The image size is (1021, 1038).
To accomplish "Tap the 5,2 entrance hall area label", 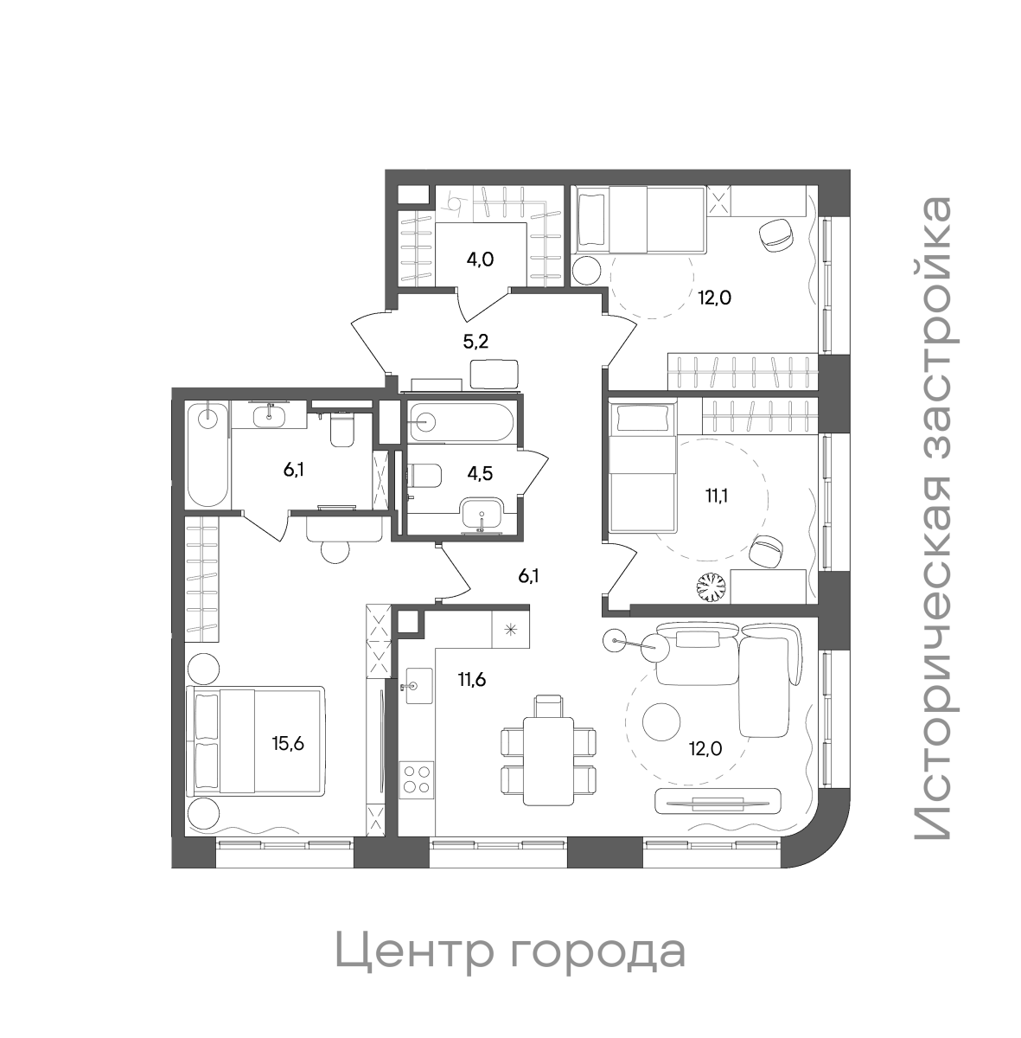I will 475,341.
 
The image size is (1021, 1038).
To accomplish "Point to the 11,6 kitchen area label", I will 471,679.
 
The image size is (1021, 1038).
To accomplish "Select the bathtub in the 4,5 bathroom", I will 462,422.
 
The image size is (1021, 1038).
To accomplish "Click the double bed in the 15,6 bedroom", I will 256,740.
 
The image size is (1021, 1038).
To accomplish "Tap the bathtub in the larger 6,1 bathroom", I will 207,453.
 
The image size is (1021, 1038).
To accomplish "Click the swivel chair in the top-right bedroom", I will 775,234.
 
